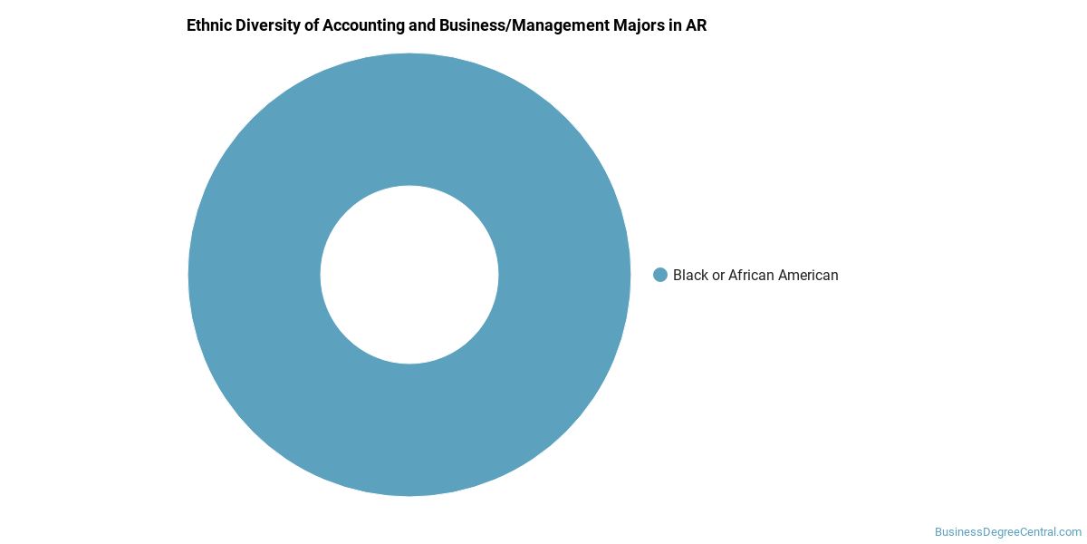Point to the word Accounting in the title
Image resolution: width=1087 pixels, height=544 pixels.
coord(363,26)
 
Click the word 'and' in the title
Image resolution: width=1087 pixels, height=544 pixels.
coord(422,25)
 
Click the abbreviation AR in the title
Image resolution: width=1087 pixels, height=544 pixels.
coord(696,25)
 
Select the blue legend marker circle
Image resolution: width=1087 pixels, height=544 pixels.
coord(660,275)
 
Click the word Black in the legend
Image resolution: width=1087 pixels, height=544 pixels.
coord(690,275)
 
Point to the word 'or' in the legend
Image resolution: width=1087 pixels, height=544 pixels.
coord(718,276)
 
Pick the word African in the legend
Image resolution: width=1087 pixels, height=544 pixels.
coord(751,275)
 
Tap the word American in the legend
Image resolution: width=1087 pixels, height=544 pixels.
coord(808,275)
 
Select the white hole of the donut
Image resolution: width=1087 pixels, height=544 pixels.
coord(409,275)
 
